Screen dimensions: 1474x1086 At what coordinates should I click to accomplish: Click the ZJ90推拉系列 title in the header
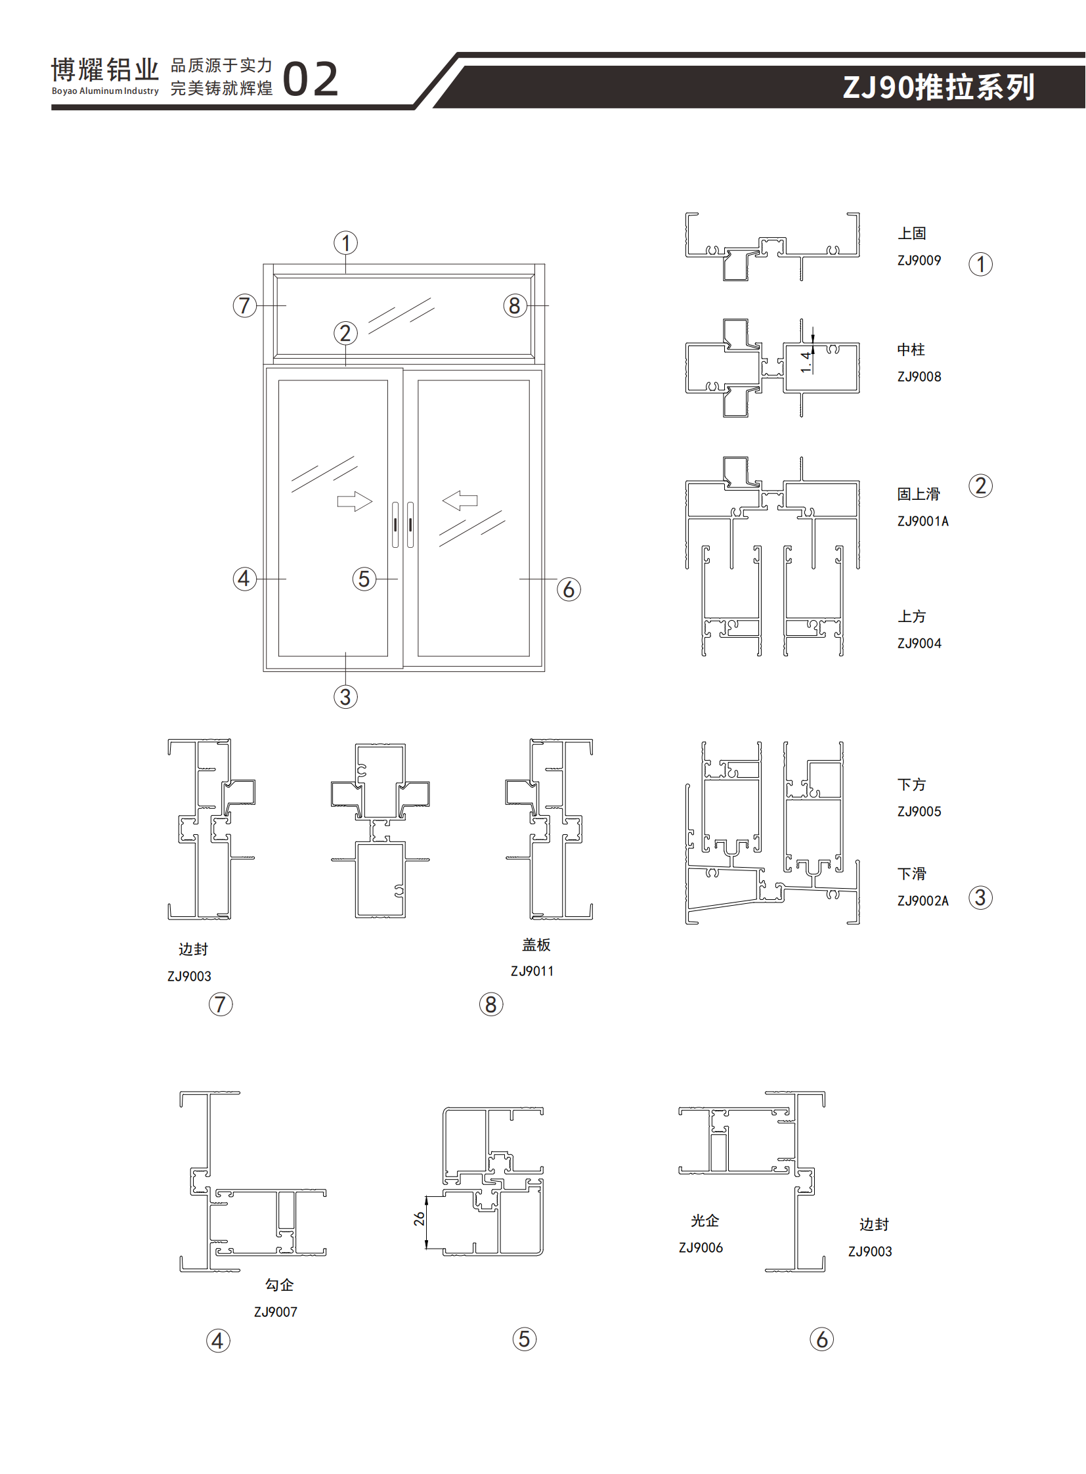(x=938, y=87)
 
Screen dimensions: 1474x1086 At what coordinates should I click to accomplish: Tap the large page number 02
(x=311, y=79)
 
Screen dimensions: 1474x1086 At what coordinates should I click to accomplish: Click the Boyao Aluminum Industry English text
(x=105, y=91)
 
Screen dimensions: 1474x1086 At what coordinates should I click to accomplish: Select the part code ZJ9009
(x=919, y=261)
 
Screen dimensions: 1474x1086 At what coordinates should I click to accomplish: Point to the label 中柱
(x=911, y=350)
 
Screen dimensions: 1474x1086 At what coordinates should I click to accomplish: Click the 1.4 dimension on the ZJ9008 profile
(x=805, y=361)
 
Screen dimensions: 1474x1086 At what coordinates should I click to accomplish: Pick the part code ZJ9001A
(x=923, y=522)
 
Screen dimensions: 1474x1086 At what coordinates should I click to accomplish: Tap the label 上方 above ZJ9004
(x=911, y=617)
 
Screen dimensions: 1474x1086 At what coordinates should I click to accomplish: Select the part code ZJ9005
(x=919, y=812)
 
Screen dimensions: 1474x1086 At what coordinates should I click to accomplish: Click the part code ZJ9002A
(x=923, y=901)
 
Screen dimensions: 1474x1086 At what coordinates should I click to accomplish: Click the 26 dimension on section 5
(x=419, y=1218)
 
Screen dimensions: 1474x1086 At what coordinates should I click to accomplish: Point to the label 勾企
(x=279, y=1285)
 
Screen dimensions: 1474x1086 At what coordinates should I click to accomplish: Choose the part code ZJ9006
(x=700, y=1248)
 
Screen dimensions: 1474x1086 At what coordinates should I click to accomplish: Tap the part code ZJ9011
(x=532, y=971)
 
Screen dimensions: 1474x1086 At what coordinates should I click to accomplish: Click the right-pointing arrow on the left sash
(x=355, y=501)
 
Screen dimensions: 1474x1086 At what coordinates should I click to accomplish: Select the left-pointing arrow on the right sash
(x=460, y=501)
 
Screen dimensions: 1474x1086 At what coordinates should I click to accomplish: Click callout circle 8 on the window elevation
(x=515, y=306)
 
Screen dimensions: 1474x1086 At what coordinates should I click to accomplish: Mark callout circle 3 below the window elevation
(x=345, y=696)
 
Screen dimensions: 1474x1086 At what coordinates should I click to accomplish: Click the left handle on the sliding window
(x=395, y=524)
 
